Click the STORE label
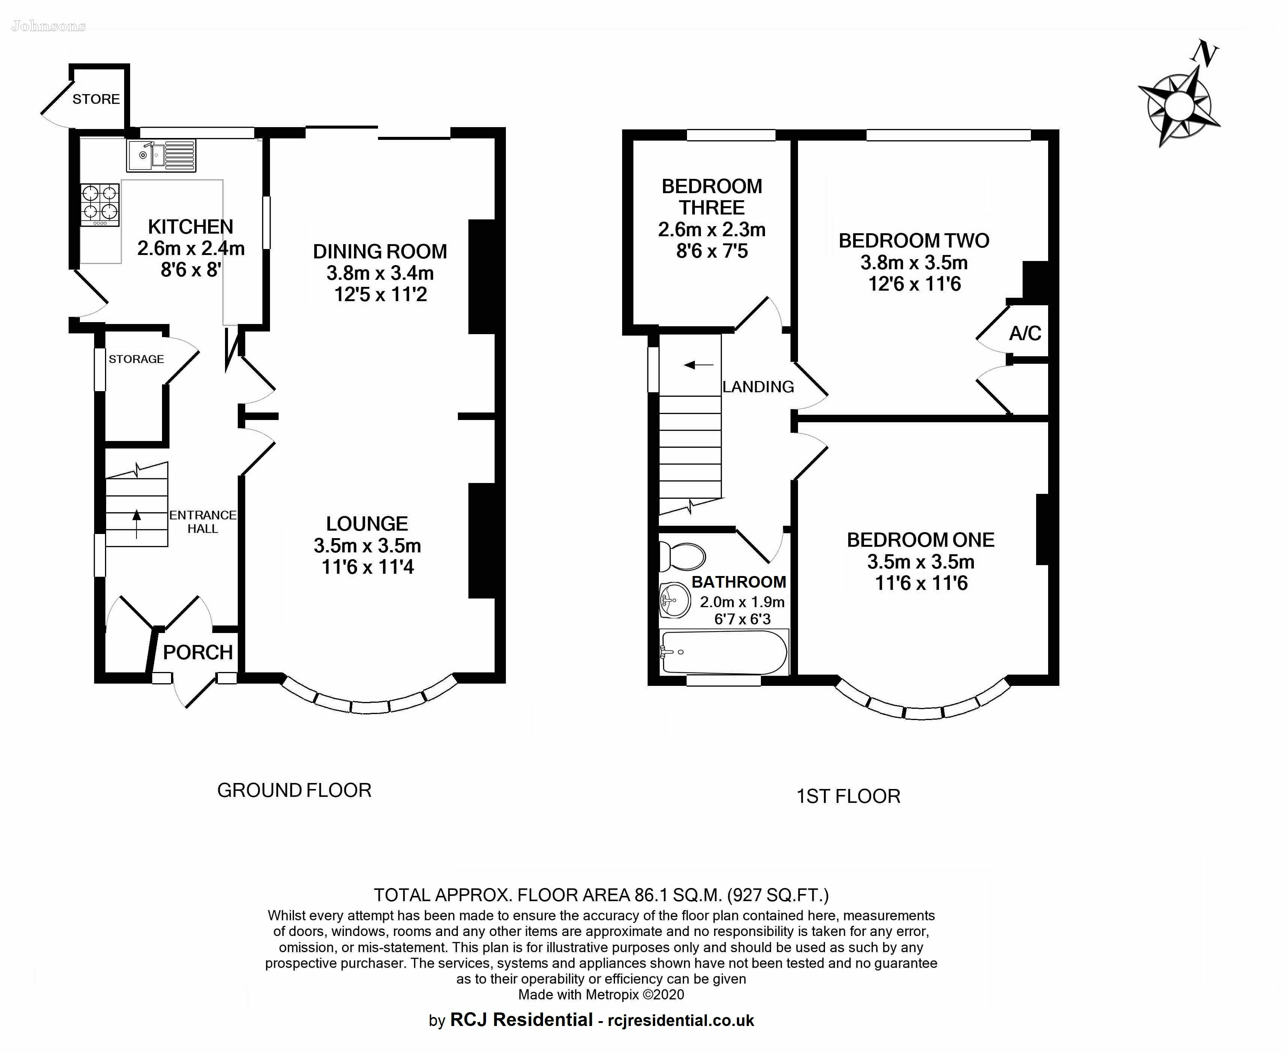(96, 99)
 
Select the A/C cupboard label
(1025, 333)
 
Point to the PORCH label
(198, 652)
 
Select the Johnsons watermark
(48, 26)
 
